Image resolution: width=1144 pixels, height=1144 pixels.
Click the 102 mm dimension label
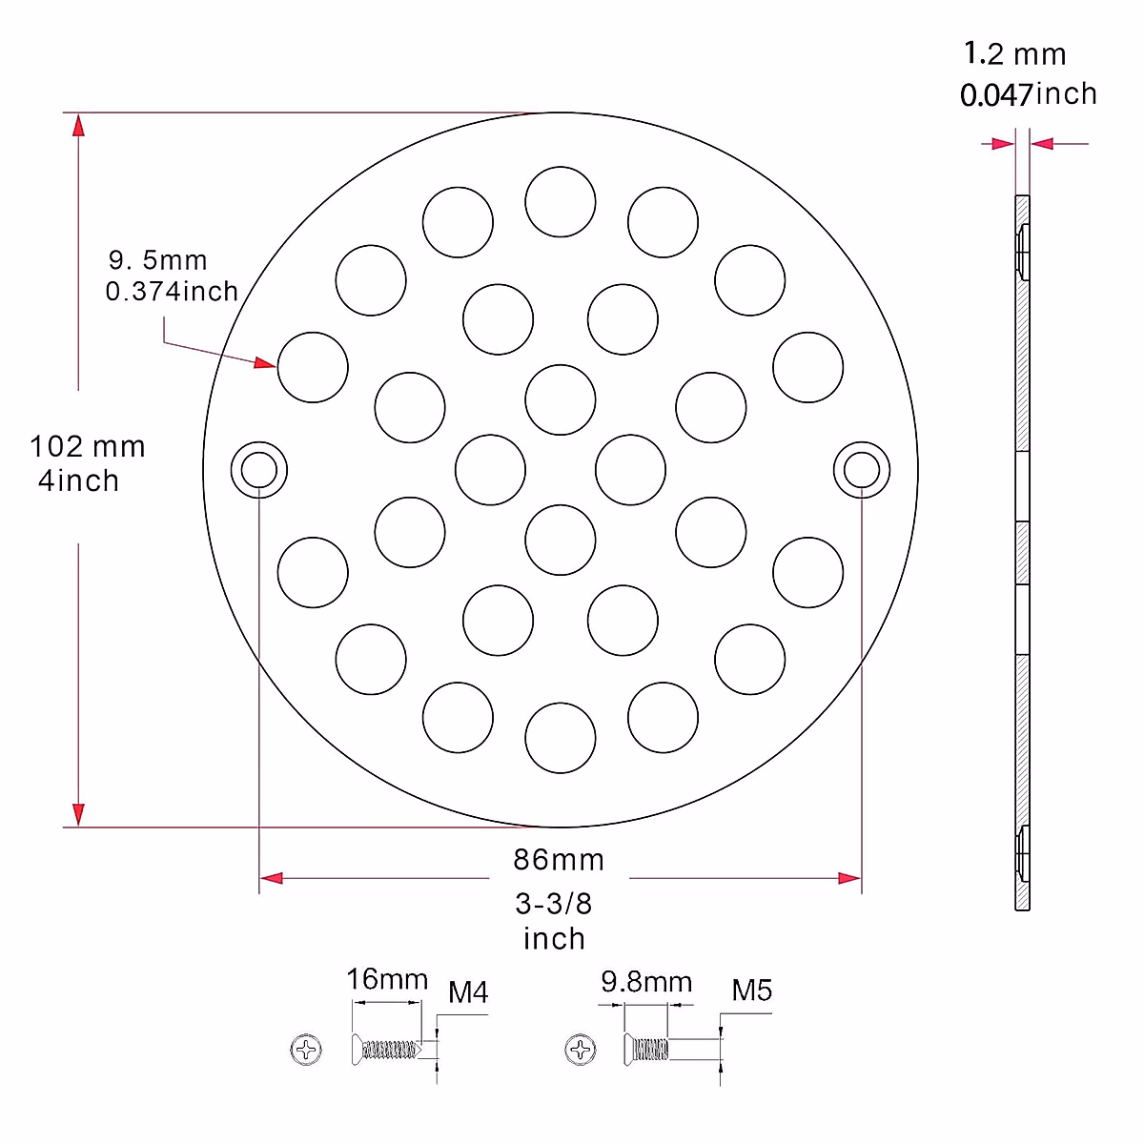(88, 446)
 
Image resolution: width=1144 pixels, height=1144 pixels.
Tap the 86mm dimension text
(559, 860)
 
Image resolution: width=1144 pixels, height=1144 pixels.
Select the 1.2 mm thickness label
(1014, 54)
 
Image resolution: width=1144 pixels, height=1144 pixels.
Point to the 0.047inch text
(1028, 94)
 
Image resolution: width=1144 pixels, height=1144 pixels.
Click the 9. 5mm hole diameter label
(157, 260)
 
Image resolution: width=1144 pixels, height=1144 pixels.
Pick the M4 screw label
(468, 993)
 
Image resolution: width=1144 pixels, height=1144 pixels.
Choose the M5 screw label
(751, 991)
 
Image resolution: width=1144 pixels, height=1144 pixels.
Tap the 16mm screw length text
(387, 979)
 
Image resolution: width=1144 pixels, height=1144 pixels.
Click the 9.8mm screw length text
(646, 982)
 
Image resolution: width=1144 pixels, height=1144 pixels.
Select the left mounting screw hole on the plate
(259, 470)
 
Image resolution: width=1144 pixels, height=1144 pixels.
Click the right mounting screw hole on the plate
(862, 470)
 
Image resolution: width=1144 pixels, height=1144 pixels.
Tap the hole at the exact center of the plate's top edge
(561, 202)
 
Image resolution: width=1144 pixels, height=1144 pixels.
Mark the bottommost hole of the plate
(561, 738)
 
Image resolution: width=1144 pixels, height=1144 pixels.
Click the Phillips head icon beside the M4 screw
(306, 1051)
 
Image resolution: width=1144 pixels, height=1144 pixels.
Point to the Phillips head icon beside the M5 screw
(581, 1051)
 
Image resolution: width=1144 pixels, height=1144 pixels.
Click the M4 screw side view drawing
(386, 1051)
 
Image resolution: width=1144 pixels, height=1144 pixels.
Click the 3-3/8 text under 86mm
(554, 903)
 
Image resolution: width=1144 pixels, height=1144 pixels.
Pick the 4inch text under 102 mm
(79, 480)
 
